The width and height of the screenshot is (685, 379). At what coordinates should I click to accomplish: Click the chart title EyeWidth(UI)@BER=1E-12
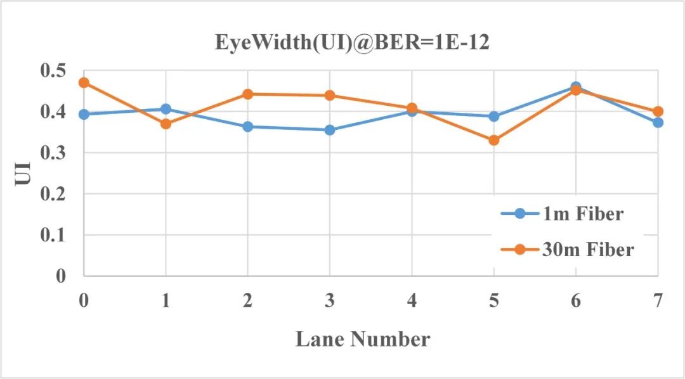[352, 43]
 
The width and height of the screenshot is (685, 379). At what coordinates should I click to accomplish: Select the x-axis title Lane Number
[362, 339]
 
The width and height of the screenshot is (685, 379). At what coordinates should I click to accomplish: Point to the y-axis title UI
[23, 172]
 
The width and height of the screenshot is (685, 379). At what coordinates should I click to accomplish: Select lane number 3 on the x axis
[330, 300]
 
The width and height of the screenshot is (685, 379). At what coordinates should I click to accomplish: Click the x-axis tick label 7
[658, 300]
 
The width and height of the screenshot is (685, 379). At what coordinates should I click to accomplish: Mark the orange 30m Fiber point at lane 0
[84, 82]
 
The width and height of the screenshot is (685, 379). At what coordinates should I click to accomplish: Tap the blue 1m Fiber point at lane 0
[84, 115]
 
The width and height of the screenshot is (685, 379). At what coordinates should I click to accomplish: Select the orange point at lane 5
[493, 140]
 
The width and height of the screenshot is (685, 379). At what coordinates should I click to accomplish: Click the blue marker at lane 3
[330, 130]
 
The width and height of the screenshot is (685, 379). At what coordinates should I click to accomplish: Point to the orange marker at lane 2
[248, 94]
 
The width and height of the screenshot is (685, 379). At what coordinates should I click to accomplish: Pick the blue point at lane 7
[658, 122]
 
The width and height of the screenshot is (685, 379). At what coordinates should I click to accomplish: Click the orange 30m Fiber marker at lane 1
[166, 124]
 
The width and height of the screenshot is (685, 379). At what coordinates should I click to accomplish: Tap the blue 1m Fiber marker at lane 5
[493, 116]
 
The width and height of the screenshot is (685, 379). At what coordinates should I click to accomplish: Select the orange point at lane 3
[330, 95]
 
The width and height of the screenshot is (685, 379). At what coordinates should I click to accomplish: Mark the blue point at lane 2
[248, 127]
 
